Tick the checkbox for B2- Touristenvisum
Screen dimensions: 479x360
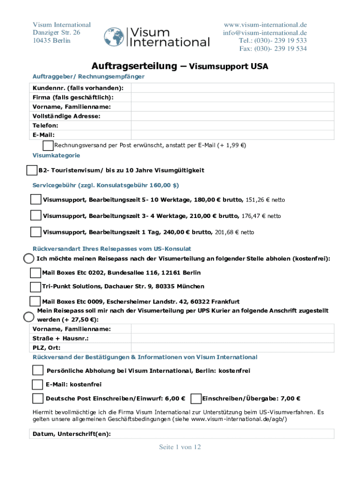coord(32,170)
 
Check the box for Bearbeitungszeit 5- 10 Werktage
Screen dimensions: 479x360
coord(36,200)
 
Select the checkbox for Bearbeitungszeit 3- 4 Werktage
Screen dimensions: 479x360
coord(36,216)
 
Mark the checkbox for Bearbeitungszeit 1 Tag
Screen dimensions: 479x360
coord(36,232)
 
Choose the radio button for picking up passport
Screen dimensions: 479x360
coord(29,259)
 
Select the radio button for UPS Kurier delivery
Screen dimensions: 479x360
coord(29,317)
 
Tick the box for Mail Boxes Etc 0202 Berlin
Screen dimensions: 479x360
coord(35,273)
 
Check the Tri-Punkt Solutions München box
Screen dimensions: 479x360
coord(35,287)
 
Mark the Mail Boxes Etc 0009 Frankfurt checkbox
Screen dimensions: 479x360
coord(35,301)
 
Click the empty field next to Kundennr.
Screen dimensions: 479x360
coord(232,88)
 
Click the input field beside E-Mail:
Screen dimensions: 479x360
coord(232,135)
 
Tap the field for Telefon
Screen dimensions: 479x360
coord(232,125)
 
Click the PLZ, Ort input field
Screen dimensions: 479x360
coord(232,348)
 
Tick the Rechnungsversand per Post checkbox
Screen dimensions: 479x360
coord(48,145)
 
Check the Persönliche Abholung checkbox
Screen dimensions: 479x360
coord(38,371)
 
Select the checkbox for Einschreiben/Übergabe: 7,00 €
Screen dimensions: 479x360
coord(196,399)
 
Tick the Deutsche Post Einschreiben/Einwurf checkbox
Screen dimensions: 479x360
coord(38,399)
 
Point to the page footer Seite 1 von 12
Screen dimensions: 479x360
coord(180,447)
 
